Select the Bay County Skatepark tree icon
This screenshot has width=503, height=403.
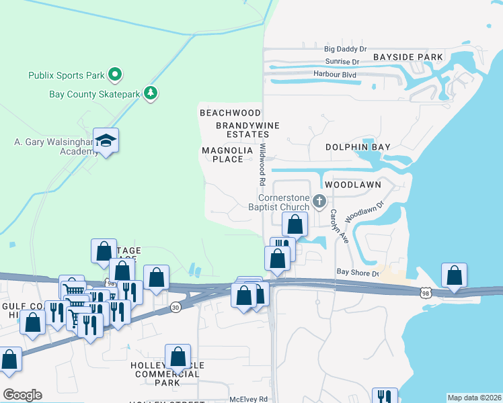coord(151,93)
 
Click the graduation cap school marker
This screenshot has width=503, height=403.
coord(106,140)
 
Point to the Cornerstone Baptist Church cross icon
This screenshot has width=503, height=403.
coord(320,200)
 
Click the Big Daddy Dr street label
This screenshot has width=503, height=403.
coord(345,49)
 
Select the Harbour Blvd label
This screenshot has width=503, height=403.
coord(334,74)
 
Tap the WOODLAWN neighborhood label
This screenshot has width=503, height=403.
coord(352,184)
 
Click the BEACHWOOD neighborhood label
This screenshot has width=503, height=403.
coord(230,113)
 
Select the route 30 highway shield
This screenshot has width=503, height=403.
coord(176,306)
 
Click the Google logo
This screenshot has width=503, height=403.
coord(22,395)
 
